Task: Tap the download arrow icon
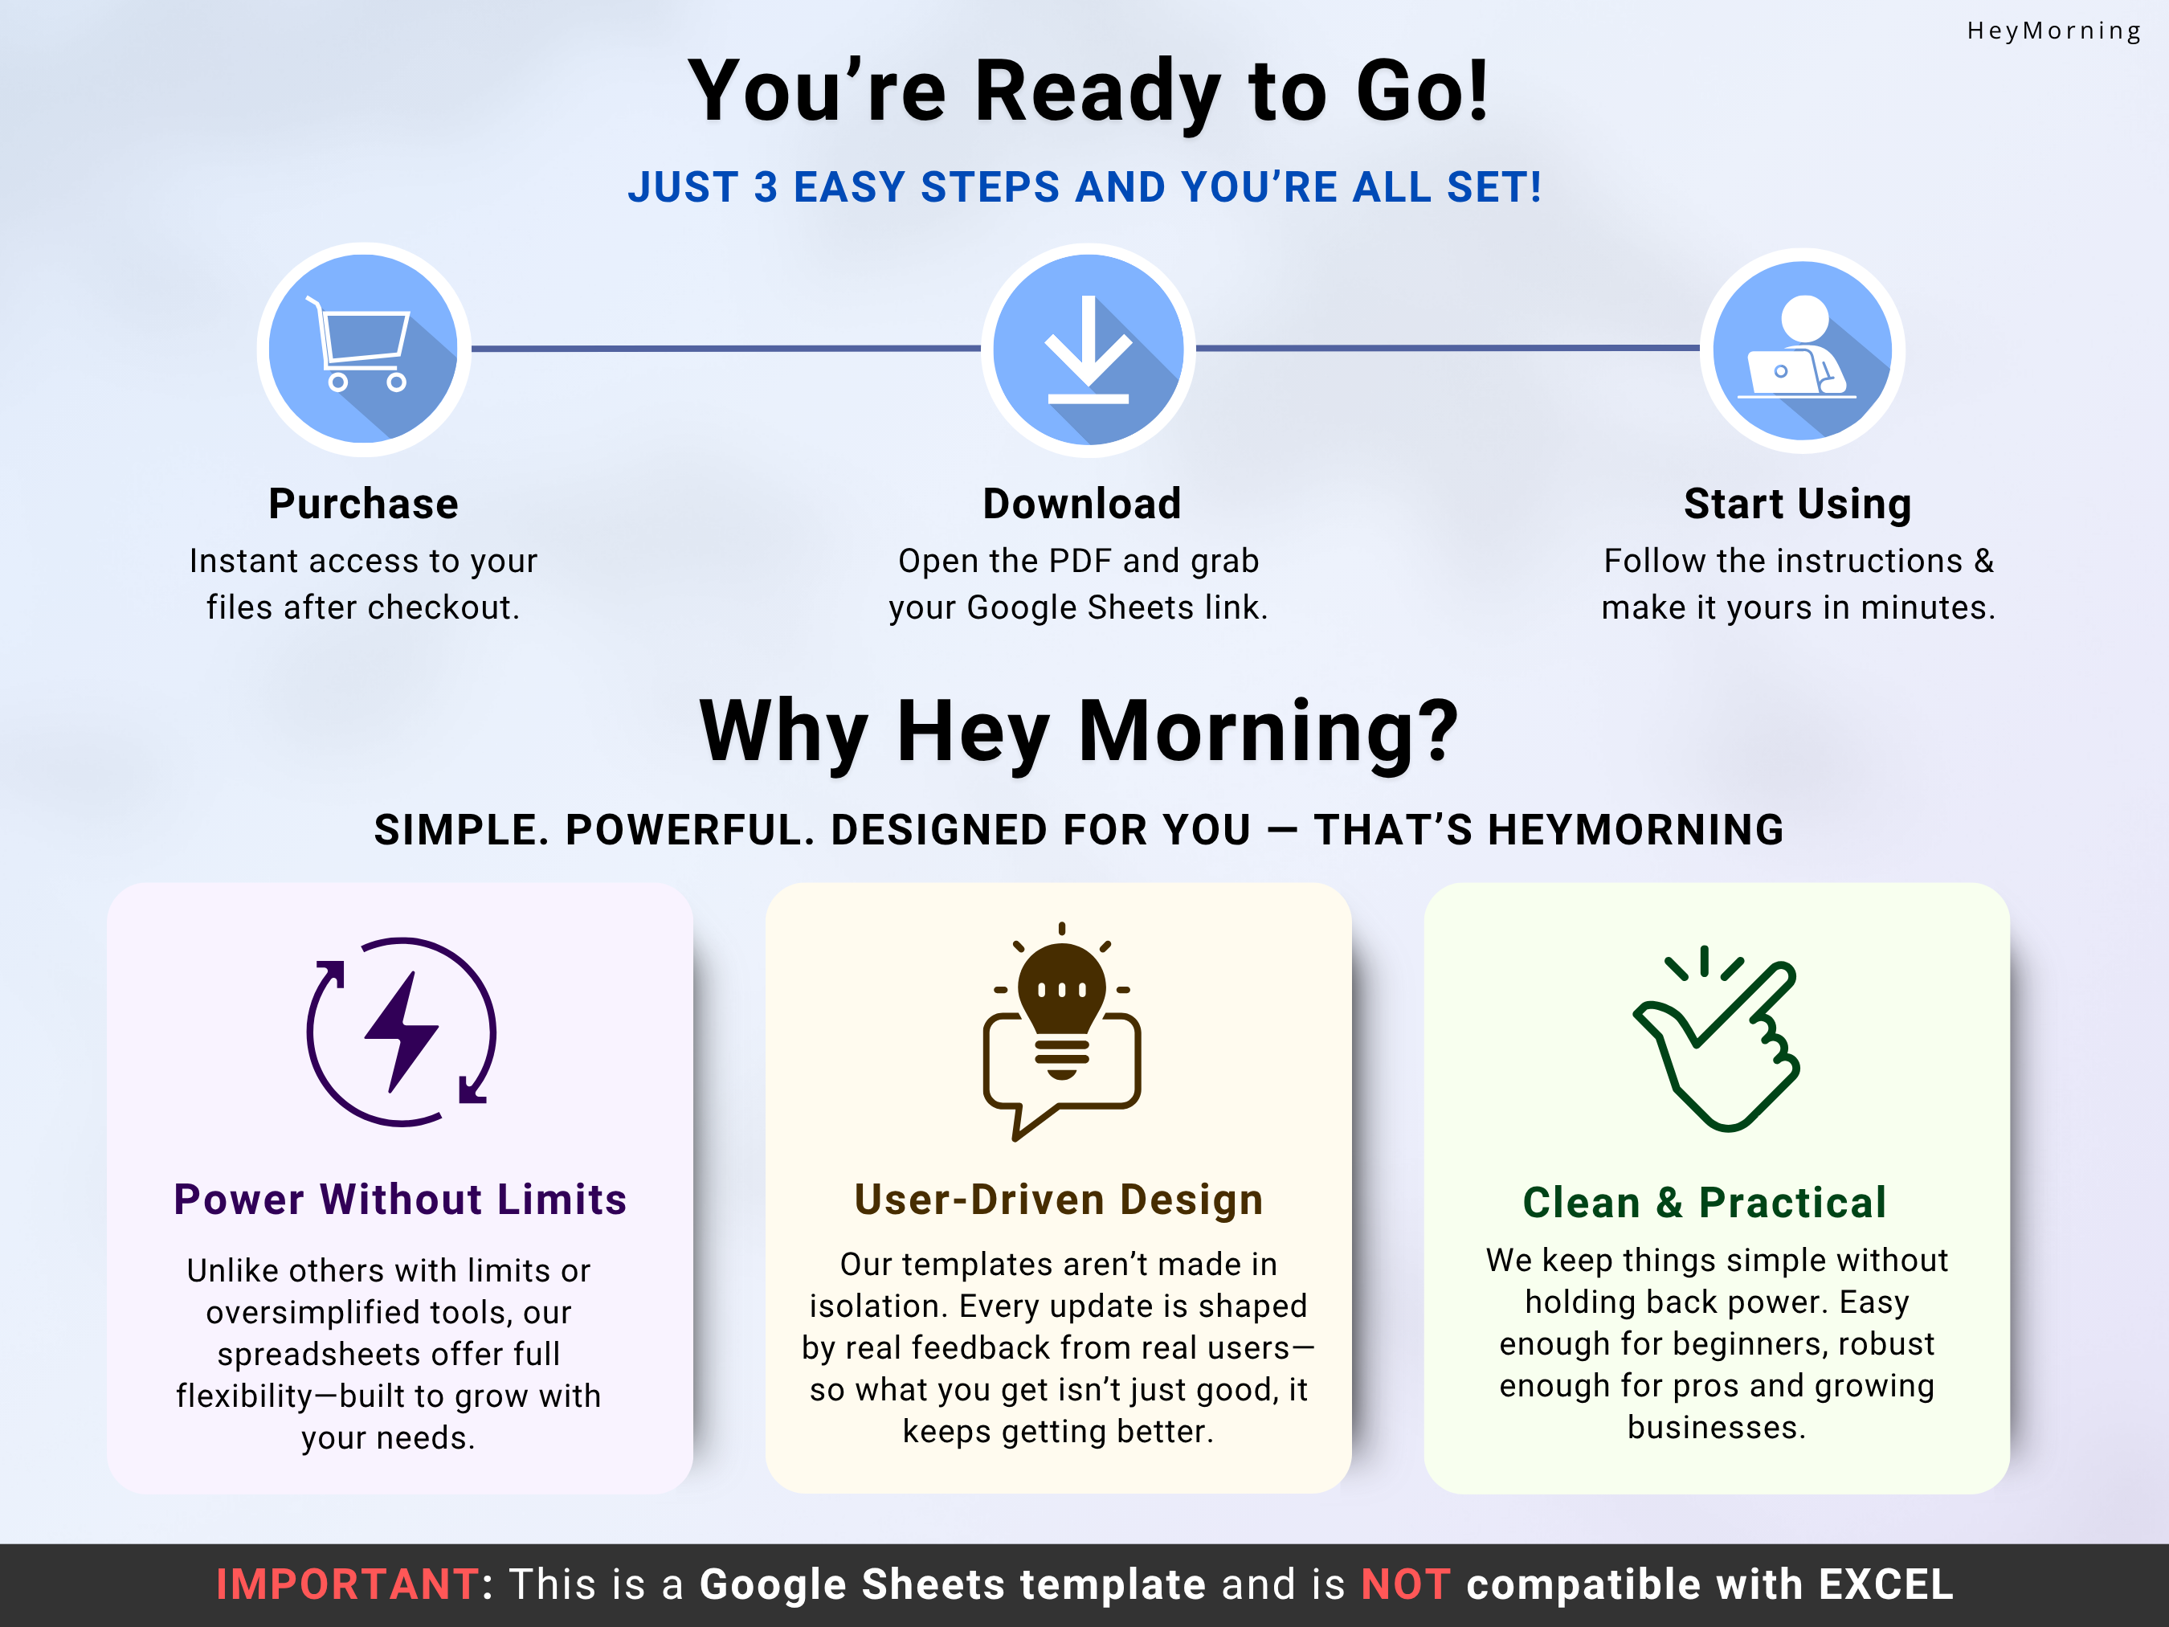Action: tap(1088, 350)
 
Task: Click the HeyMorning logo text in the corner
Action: tap(2053, 31)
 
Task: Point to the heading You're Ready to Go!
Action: tap(1088, 92)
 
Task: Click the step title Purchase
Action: tap(363, 504)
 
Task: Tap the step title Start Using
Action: tap(1797, 504)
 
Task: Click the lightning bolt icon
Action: tap(401, 1032)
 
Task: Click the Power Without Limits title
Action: tap(400, 1200)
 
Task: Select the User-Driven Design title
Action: tap(1058, 1200)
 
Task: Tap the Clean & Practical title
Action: tap(1704, 1202)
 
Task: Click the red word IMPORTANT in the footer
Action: tap(347, 1585)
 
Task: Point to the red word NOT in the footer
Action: tap(1404, 1585)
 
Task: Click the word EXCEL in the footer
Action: tap(1885, 1585)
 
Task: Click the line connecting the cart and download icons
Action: tap(725, 348)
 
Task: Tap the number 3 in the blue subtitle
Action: tap(765, 187)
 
